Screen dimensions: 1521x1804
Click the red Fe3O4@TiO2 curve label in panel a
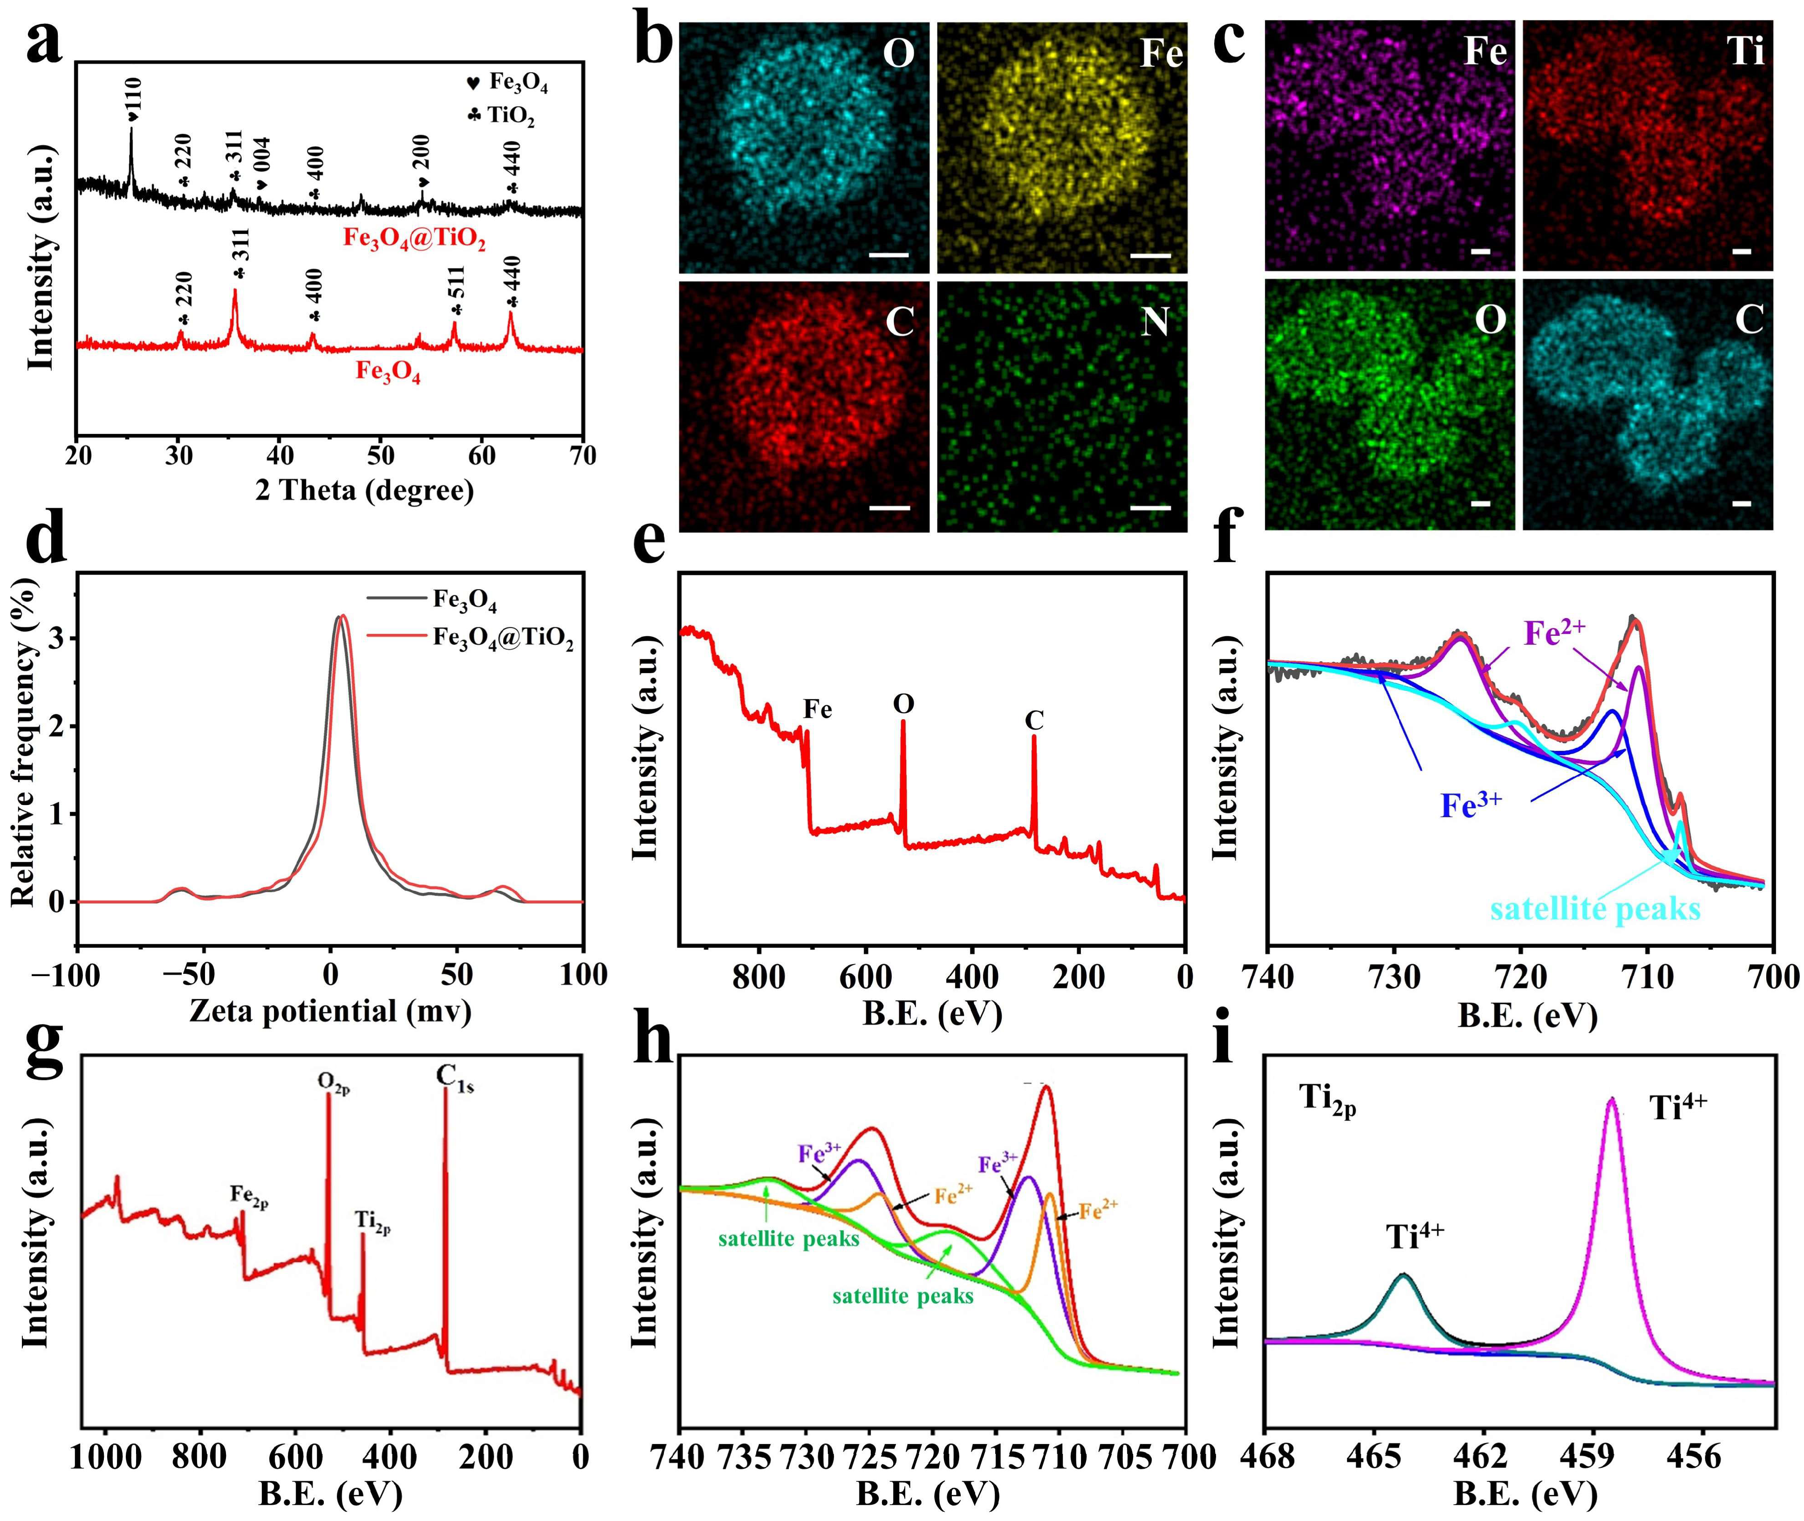pyautogui.click(x=414, y=238)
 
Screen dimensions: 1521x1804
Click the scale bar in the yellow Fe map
pyautogui.click(x=1151, y=255)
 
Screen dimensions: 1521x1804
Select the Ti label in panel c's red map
pyautogui.click(x=1745, y=52)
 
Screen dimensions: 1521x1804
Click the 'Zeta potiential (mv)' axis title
pyautogui.click(x=330, y=1011)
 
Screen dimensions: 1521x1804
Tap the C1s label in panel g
pyautogui.click(x=454, y=1078)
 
